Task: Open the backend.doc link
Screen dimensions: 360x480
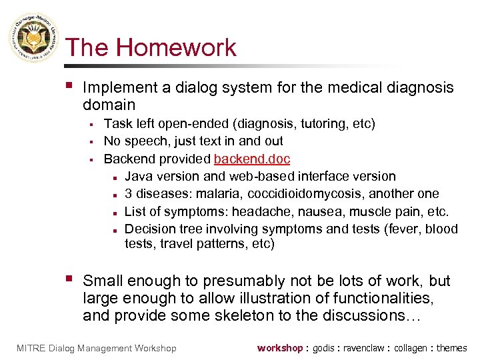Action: [x=252, y=159]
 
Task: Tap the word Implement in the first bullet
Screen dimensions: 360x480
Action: [x=117, y=88]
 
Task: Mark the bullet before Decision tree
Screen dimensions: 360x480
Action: [x=115, y=229]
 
